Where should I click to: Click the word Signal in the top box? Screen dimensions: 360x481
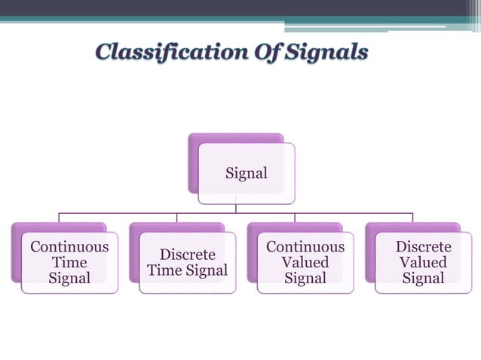click(x=247, y=173)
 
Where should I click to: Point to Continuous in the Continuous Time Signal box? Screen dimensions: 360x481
click(x=69, y=247)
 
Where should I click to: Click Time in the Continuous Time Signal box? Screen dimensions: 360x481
click(x=69, y=263)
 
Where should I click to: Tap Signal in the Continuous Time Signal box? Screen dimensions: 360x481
click(x=69, y=279)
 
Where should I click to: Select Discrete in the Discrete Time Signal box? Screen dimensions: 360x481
click(x=188, y=255)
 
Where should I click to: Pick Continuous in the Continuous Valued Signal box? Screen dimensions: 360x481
click(x=305, y=247)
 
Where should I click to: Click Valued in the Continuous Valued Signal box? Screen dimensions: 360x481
click(x=305, y=263)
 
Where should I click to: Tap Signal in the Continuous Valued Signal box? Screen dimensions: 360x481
click(x=305, y=279)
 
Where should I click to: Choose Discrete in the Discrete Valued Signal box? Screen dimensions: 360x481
click(x=424, y=247)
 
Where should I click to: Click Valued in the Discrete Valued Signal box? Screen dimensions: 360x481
click(x=424, y=263)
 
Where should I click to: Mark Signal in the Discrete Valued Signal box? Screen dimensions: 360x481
click(x=424, y=279)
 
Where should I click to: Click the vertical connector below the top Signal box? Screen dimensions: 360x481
click(x=236, y=209)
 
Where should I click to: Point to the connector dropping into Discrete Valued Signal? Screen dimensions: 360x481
click(x=412, y=218)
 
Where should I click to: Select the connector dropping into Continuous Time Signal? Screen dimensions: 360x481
click(x=60, y=218)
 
